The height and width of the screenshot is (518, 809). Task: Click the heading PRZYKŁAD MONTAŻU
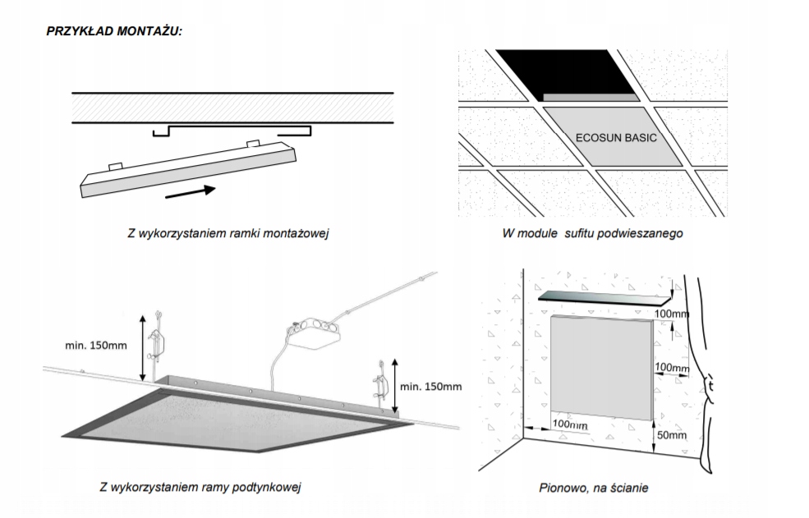(114, 30)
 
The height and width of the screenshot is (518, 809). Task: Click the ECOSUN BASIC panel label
(615, 137)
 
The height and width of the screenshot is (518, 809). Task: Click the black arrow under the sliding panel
(190, 193)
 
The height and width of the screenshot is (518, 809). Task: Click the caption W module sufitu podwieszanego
(592, 233)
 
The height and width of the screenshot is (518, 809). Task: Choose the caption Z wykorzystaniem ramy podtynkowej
(200, 488)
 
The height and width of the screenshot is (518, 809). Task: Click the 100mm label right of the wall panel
(672, 368)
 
